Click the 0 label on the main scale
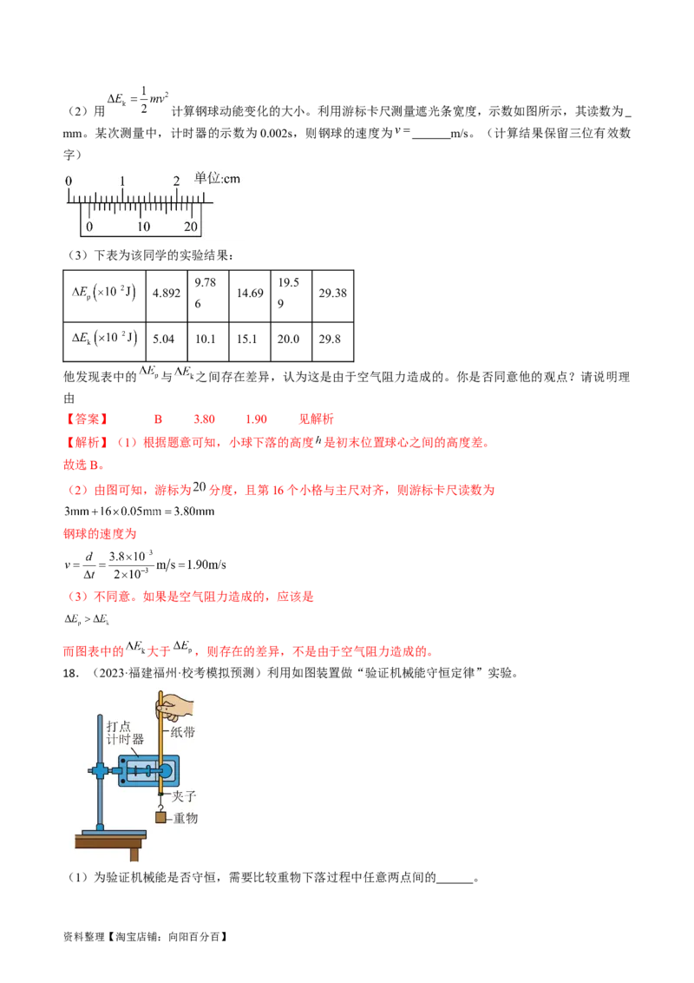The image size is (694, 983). click(x=69, y=181)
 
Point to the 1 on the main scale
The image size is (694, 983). click(x=122, y=181)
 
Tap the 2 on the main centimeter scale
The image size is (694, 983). click(x=176, y=181)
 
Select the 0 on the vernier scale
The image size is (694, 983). click(x=88, y=227)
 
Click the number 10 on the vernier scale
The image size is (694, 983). click(x=142, y=227)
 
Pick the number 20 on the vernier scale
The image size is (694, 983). click(x=191, y=227)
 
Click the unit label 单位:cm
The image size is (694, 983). click(x=216, y=178)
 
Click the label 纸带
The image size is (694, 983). click(x=183, y=732)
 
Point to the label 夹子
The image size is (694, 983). click(x=183, y=795)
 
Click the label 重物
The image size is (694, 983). click(x=185, y=818)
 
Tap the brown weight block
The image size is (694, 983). click(x=160, y=817)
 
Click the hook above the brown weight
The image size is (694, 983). click(x=160, y=804)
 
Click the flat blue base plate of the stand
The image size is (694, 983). click(x=111, y=835)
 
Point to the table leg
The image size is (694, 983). click(x=134, y=854)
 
